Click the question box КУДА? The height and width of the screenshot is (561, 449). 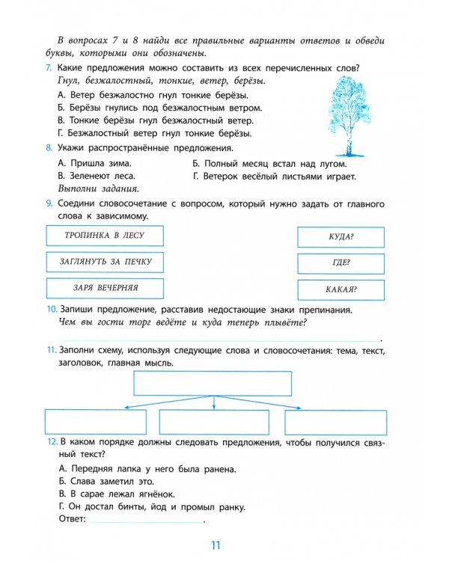(340, 237)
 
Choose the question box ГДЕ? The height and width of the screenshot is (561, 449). (340, 263)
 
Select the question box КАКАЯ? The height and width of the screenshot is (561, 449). (340, 289)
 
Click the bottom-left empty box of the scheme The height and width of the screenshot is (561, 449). (94, 420)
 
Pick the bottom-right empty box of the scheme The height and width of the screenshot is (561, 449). (337, 420)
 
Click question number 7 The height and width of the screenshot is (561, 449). (49, 69)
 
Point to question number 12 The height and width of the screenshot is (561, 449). (51, 442)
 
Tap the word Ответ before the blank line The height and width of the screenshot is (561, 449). (72, 519)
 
